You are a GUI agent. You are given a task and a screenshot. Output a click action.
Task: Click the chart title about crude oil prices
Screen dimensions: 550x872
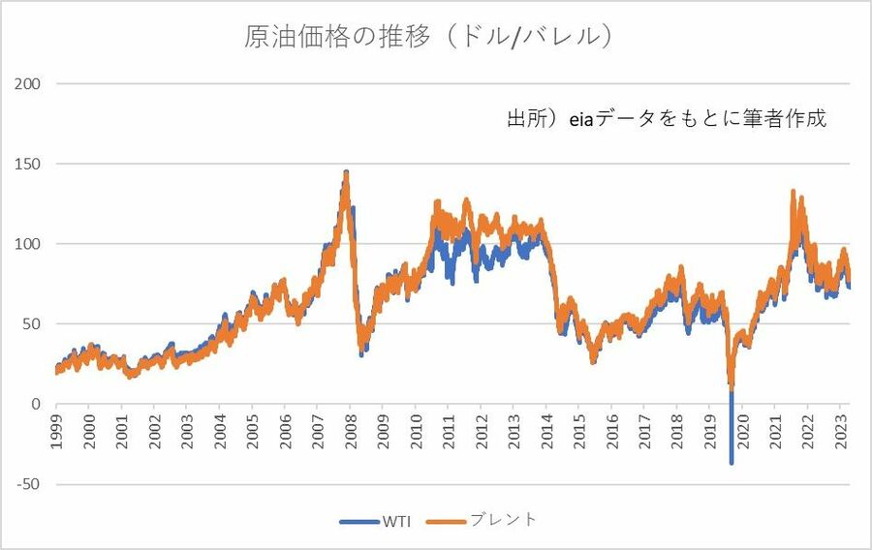(x=426, y=38)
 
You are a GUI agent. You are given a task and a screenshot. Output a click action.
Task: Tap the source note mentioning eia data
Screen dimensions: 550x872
(x=667, y=120)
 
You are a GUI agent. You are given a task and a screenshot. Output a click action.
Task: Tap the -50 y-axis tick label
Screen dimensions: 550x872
(x=27, y=484)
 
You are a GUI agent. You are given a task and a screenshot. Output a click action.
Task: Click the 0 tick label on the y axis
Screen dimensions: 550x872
(x=34, y=404)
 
